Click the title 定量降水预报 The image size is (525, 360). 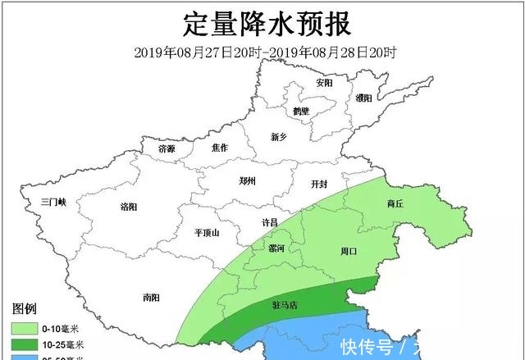pos(263,24)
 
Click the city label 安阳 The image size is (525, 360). pos(324,83)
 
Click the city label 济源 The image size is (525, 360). pos(167,149)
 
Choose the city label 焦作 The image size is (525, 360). pos(219,148)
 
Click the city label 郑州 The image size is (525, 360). pos(247,181)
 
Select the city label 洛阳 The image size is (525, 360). pos(129,207)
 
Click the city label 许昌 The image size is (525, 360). pos(269,222)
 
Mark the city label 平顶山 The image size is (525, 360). pos(208,233)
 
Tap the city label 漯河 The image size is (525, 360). pos(277,248)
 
